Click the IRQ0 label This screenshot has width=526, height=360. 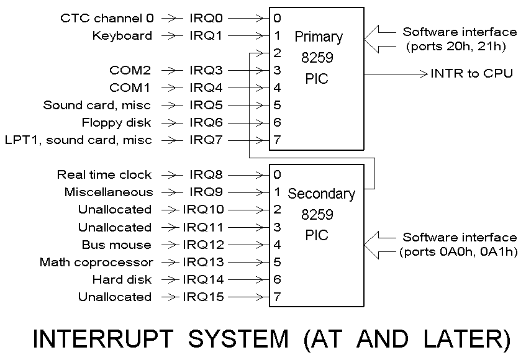click(x=206, y=18)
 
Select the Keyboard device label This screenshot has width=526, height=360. click(x=122, y=35)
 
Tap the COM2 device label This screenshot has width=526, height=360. click(x=130, y=70)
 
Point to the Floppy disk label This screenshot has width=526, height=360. click(x=116, y=122)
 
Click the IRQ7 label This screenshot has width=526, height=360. click(x=206, y=140)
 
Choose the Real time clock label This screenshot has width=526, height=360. click(x=104, y=174)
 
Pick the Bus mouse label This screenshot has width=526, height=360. click(x=116, y=245)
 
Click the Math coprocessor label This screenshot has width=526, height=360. click(x=96, y=262)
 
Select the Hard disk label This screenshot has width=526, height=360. click(x=122, y=279)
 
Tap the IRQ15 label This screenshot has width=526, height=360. click(x=203, y=297)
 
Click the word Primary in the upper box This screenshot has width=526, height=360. click(x=318, y=37)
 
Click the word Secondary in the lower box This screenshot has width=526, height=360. click(x=321, y=194)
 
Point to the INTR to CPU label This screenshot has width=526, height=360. click(x=471, y=74)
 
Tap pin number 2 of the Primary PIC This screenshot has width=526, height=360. click(x=277, y=53)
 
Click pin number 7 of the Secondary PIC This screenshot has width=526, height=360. click(x=277, y=297)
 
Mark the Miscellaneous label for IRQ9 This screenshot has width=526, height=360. click(x=108, y=192)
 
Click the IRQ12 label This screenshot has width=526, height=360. click(x=203, y=245)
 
